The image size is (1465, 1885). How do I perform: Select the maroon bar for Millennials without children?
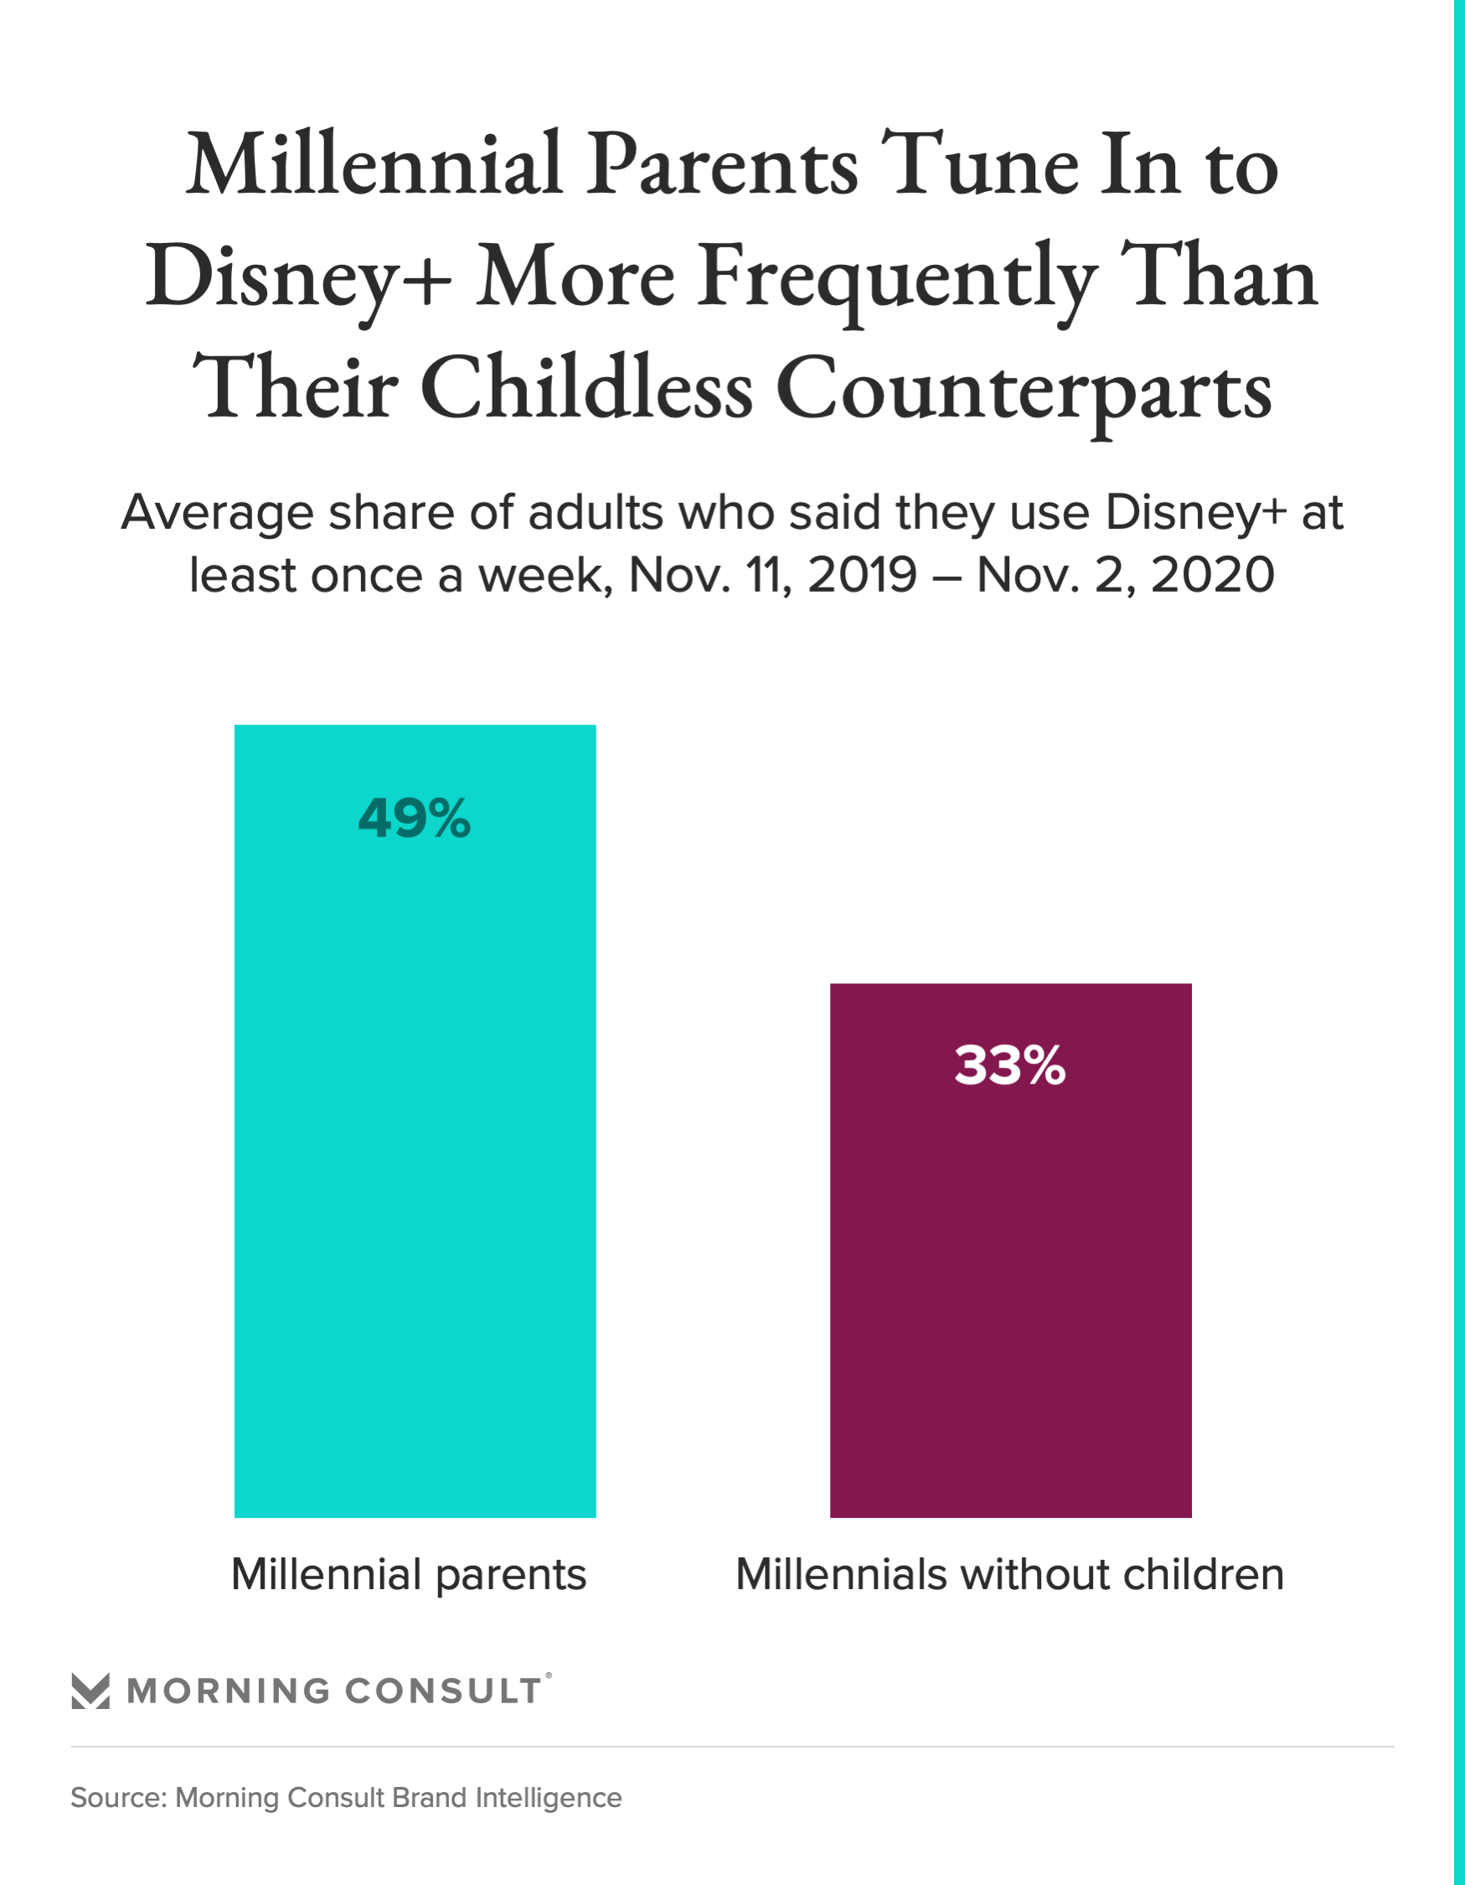(x=1010, y=1295)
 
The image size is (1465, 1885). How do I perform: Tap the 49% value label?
(x=414, y=818)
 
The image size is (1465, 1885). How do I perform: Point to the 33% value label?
(x=1010, y=1066)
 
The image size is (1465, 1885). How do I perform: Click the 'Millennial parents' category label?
(x=409, y=1575)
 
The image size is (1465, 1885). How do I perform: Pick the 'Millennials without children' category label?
(x=1009, y=1575)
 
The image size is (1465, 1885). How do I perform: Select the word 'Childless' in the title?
(x=587, y=388)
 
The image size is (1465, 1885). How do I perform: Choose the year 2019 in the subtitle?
(x=862, y=575)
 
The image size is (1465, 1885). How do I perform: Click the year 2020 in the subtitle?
(x=1212, y=575)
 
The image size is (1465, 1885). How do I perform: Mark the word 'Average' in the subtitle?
(x=218, y=515)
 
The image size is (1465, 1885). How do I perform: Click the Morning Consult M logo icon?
(x=90, y=1691)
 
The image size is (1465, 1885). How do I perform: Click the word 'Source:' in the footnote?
(x=118, y=1798)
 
